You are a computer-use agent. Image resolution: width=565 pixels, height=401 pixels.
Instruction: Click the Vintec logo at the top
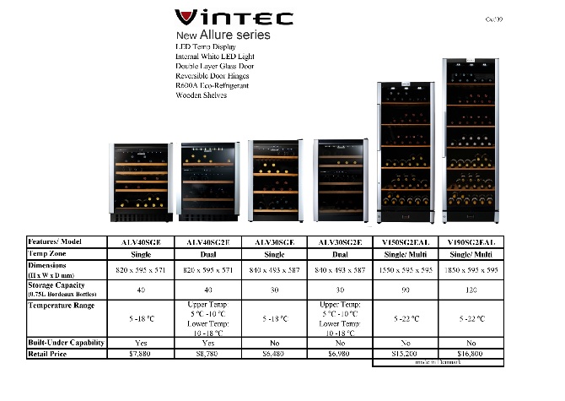click(x=234, y=18)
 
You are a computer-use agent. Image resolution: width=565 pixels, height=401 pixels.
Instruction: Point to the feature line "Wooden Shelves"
click(x=201, y=95)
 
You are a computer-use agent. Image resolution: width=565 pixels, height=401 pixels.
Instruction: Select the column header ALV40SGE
click(x=142, y=241)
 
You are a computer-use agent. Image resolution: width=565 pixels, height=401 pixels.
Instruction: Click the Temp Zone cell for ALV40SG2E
click(x=207, y=252)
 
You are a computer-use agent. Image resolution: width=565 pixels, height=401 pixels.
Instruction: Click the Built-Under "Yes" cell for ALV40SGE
click(x=142, y=343)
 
